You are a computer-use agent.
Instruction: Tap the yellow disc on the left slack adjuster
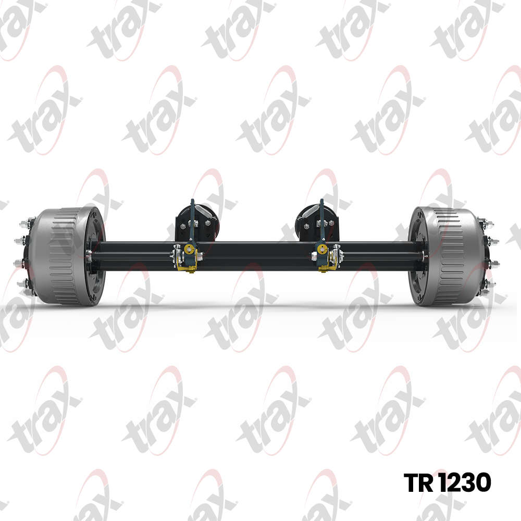190,248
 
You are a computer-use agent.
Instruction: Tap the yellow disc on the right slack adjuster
321,248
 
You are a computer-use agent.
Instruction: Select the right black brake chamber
317,221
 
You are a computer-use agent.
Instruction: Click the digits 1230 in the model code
465,482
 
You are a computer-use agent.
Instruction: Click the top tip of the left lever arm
192,200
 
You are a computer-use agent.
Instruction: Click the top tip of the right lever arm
321,200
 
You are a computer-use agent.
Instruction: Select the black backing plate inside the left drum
97,256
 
